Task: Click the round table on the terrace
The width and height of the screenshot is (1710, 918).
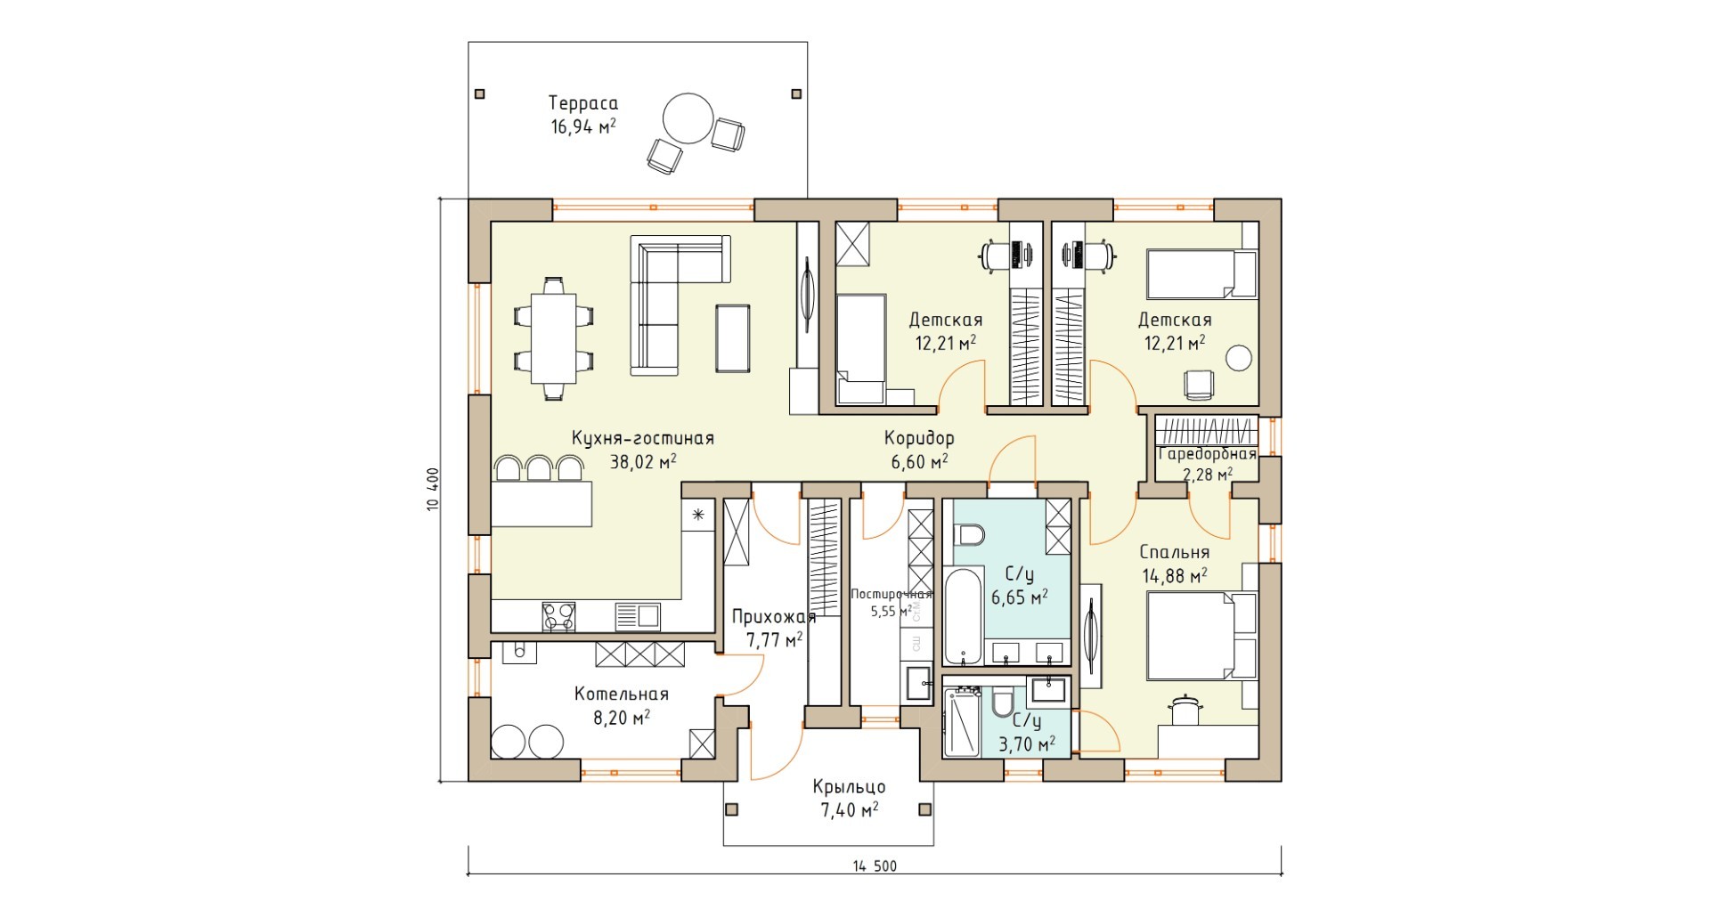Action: [688, 118]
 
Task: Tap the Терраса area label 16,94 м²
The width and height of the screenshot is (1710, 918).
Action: [583, 126]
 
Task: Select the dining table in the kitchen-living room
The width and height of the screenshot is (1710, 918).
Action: [553, 338]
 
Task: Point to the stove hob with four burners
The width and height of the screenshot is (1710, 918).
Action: [558, 617]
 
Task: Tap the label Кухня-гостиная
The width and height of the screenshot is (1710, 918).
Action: [643, 438]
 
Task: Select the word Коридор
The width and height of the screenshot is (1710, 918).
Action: [919, 438]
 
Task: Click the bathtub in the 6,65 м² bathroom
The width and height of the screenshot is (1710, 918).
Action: [963, 617]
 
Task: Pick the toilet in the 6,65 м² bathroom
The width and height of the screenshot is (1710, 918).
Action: [967, 536]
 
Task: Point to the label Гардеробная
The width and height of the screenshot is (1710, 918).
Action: [1208, 454]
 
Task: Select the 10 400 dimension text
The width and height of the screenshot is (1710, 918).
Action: [434, 491]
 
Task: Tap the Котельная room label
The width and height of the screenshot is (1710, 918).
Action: [622, 694]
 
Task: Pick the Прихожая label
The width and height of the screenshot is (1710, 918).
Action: [774, 617]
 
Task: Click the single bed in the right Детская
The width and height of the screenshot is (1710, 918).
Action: [1201, 273]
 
